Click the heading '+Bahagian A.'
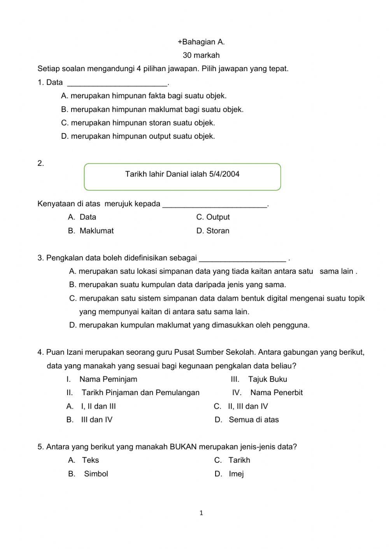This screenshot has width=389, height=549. click(201, 42)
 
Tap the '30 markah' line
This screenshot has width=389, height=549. click(201, 55)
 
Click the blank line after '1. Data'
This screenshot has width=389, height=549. click(117, 83)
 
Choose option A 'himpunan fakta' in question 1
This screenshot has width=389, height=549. click(144, 96)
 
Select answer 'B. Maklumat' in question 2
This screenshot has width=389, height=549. click(91, 231)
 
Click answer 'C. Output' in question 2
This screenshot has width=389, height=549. click(213, 217)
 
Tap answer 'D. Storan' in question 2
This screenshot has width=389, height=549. click(213, 231)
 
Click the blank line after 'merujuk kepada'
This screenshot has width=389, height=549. click(215, 205)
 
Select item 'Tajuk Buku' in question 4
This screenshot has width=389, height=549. click(267, 379)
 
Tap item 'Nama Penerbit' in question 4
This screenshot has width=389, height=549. click(276, 392)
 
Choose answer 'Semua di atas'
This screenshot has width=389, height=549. click(253, 420)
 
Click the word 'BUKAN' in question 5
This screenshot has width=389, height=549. click(183, 447)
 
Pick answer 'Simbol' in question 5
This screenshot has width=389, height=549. click(96, 474)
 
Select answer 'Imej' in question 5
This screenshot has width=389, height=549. click(236, 474)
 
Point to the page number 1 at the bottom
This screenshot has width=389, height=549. click(201, 513)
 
